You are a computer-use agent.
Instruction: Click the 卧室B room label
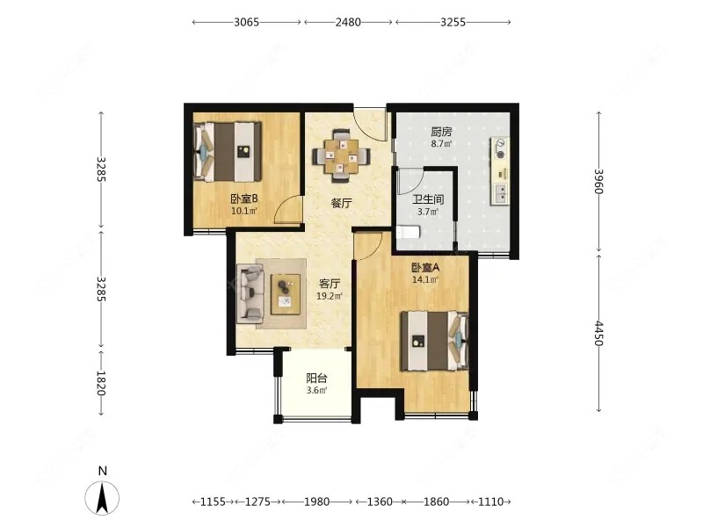coord(244,199)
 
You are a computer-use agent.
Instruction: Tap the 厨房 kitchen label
coord(441,132)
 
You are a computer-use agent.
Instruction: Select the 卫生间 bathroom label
coord(428,199)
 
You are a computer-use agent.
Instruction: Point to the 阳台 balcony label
coord(316,379)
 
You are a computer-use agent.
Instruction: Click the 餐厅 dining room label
coord(341,204)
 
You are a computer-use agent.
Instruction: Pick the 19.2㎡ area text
coord(330,296)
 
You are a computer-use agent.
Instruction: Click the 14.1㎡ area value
coord(425,280)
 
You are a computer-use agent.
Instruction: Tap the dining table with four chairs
coord(342,156)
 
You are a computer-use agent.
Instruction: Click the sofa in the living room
coord(250,293)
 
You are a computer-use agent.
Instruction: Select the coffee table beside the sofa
coord(286,294)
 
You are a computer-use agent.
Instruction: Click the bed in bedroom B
coord(228,152)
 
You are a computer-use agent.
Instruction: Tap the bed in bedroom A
coord(434,341)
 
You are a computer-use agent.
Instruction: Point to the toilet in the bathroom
coord(408,232)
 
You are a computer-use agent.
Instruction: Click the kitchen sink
coord(500,193)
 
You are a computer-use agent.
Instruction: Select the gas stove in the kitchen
coord(499,148)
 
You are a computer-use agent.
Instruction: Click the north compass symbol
coord(102,496)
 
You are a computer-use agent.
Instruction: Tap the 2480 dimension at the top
coord(348,22)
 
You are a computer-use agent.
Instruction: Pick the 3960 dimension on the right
coord(598,181)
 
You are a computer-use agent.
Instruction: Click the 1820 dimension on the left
coord(101,383)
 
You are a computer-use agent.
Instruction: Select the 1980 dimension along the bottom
coord(316,502)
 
